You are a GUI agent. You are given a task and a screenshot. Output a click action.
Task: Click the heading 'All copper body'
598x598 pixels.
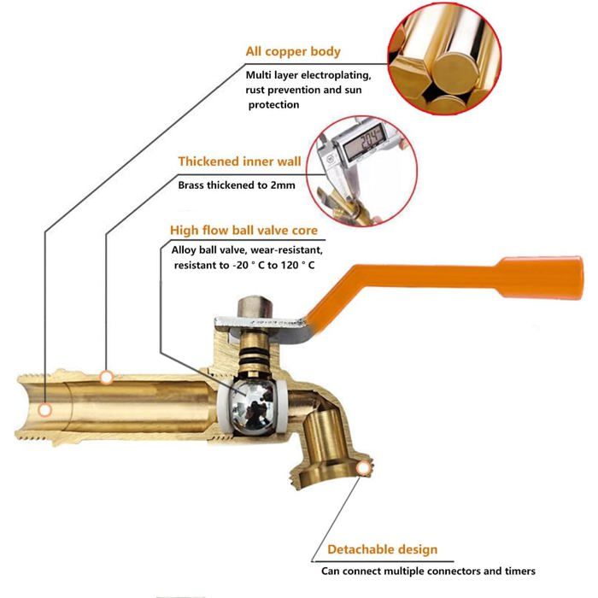coord(293,51)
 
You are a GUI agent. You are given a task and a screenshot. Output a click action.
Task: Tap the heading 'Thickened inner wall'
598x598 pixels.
coord(239,161)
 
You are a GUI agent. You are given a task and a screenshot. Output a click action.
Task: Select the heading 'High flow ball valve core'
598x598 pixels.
coord(243,231)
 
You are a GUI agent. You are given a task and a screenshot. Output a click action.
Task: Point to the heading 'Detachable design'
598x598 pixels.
coord(383,549)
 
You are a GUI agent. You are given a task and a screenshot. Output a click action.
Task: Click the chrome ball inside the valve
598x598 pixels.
coord(252,407)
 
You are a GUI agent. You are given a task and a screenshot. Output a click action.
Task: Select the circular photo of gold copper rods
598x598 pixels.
coord(444,58)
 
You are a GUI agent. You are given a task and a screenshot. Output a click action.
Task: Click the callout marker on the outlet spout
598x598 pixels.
coord(363,468)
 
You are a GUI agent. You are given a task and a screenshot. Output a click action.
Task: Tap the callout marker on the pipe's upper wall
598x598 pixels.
coord(107,378)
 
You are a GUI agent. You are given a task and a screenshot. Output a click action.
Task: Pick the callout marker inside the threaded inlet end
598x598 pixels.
coord(45,410)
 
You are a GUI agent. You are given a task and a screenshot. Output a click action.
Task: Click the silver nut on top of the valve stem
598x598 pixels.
coord(255,307)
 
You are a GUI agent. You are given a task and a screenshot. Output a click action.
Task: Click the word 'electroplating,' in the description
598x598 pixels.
coord(336,75)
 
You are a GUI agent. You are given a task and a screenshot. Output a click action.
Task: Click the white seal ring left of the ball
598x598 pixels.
coord(223,407)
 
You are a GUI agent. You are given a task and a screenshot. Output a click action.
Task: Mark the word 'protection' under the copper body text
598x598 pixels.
coord(273,105)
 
